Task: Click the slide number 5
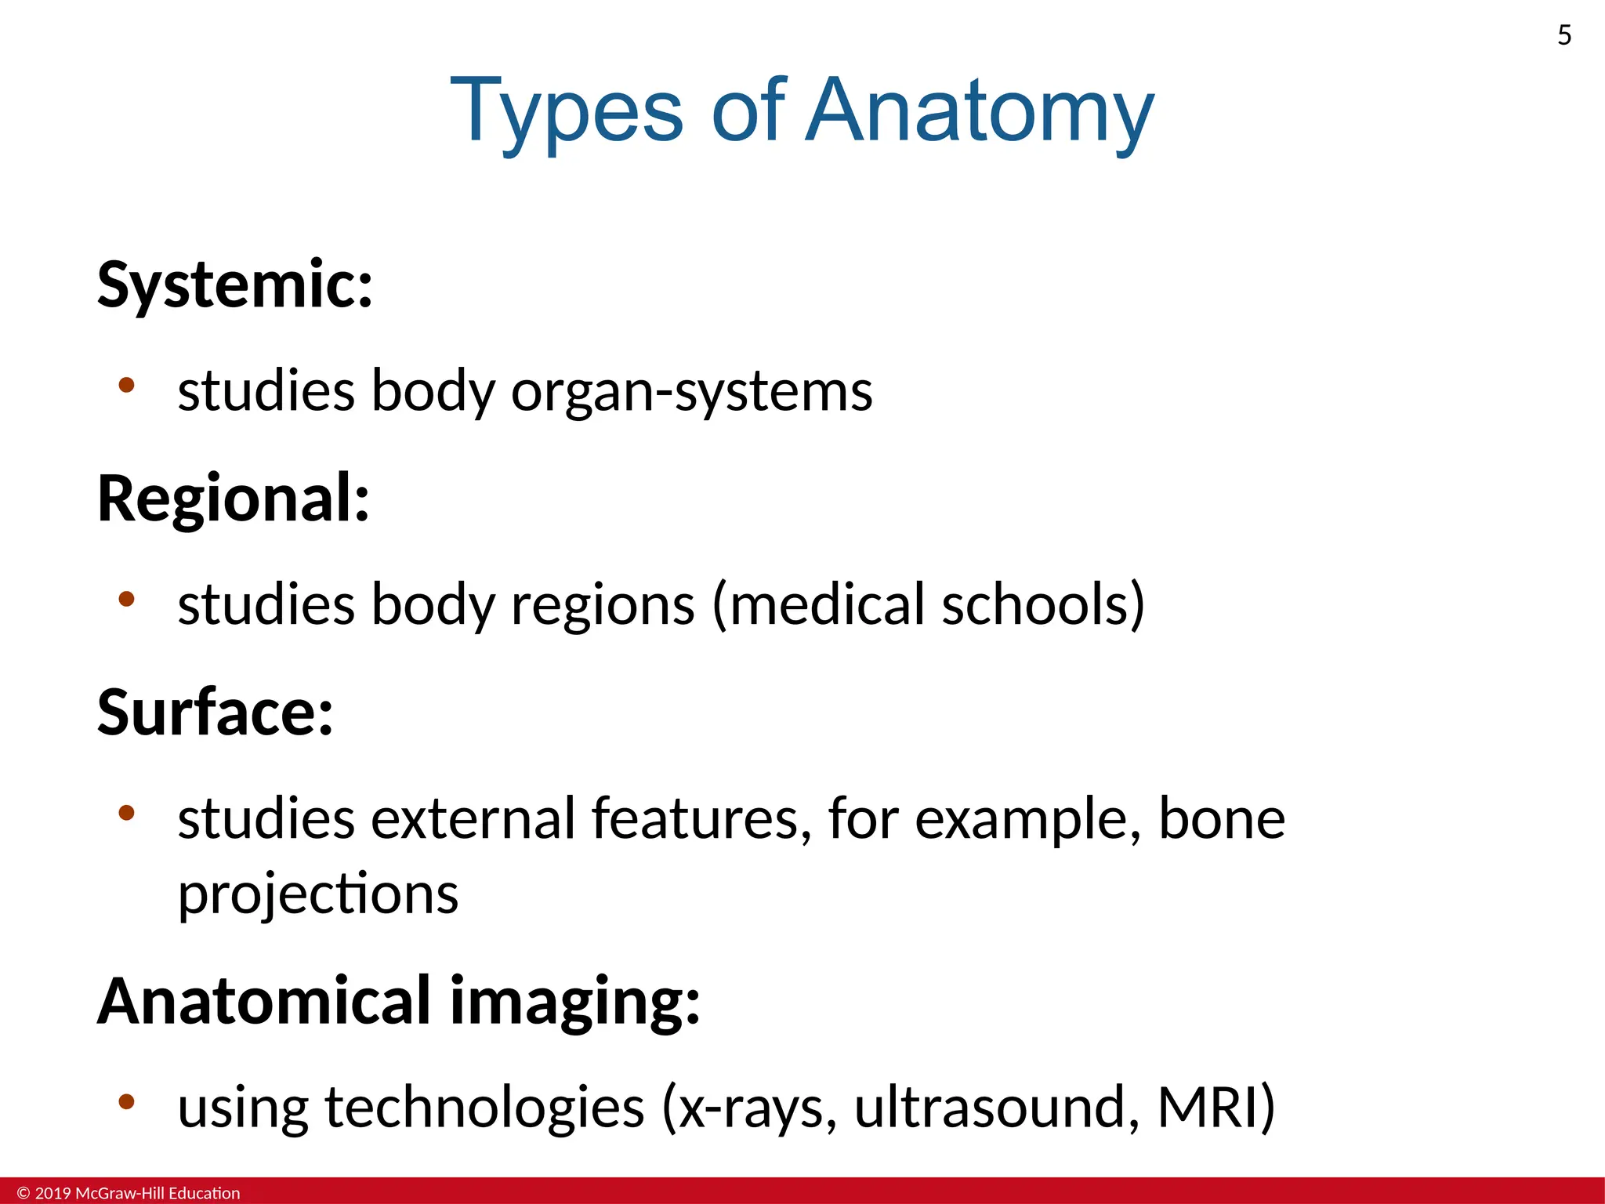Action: (1564, 35)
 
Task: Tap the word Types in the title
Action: (567, 111)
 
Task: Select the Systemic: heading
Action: (235, 284)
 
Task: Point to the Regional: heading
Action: (234, 499)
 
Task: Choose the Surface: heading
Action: (216, 712)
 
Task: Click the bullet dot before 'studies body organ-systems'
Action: (126, 385)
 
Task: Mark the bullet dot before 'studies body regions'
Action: (126, 599)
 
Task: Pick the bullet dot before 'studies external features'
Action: (126, 813)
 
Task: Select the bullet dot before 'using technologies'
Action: (126, 1101)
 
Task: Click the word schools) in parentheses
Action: (1043, 604)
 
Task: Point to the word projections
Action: (318, 894)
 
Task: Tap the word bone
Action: (1222, 818)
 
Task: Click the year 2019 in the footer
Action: (53, 1193)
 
